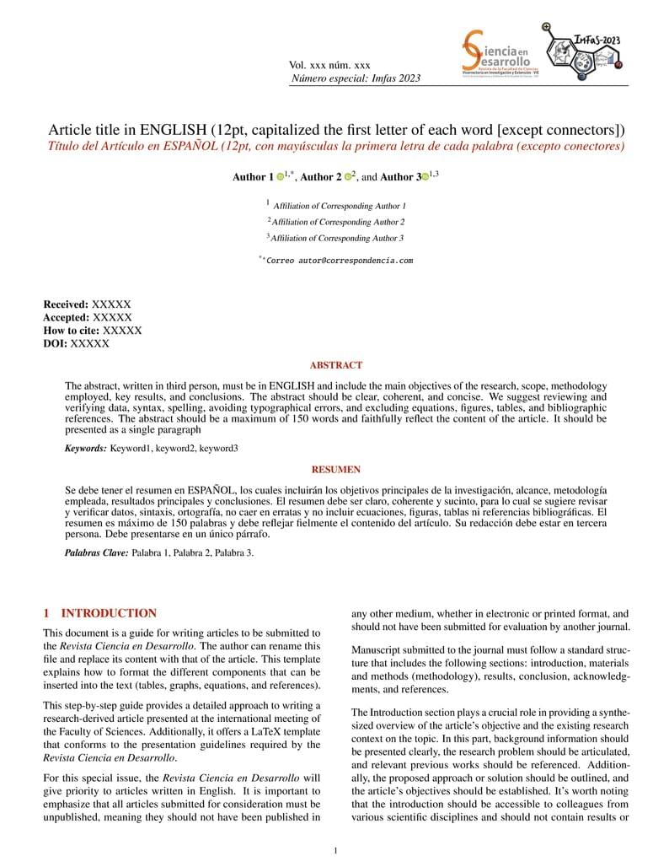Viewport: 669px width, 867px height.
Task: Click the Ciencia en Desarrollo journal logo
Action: click(497, 56)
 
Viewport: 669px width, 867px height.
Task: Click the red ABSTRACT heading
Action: click(336, 365)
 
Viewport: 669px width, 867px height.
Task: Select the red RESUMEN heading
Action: click(336, 469)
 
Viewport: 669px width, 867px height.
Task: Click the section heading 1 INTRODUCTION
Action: click(100, 613)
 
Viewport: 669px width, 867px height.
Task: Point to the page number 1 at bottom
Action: click(335, 850)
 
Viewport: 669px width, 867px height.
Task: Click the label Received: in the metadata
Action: click(66, 304)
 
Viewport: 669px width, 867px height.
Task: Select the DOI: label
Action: click(55, 343)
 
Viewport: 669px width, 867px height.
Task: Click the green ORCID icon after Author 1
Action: click(281, 177)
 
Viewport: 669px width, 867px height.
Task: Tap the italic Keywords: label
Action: click(86, 449)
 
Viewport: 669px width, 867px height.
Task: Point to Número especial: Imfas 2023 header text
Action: click(356, 78)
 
